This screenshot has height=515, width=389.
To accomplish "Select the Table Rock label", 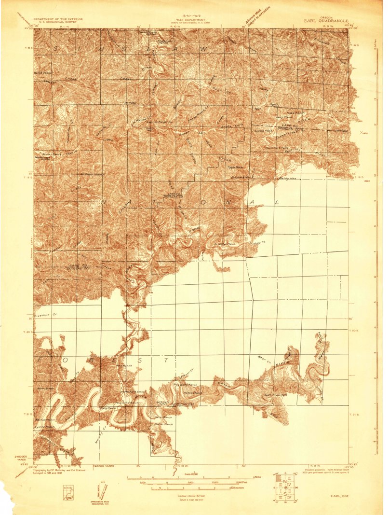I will point(235,167).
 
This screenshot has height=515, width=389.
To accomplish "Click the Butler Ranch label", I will point(164,424).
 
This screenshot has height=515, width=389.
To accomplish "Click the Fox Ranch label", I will point(124,366).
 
